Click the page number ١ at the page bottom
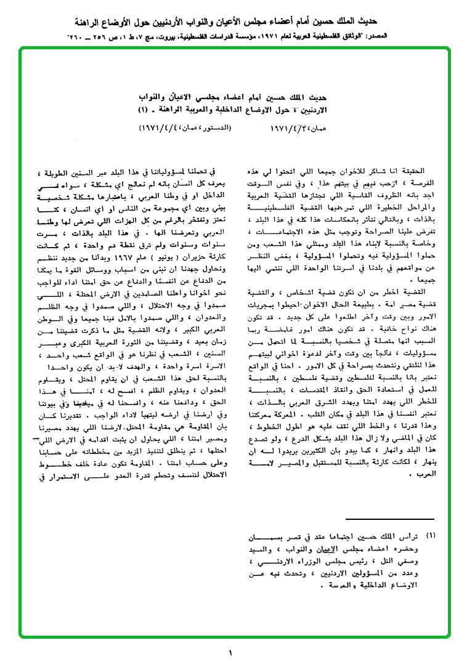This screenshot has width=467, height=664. tap(230, 653)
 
